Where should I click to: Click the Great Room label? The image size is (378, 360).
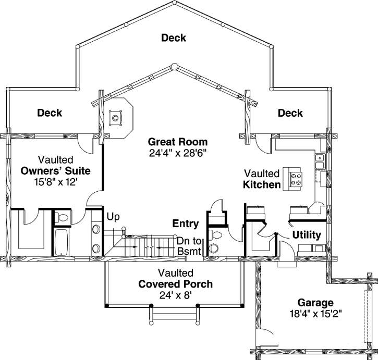177,142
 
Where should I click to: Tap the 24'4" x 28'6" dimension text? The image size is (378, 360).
177,153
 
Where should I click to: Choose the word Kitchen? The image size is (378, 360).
262,184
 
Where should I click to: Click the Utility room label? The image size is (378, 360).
306,235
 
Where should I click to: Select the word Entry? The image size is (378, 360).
186,224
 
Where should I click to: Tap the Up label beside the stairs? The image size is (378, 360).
113,216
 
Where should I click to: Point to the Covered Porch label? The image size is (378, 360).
175,284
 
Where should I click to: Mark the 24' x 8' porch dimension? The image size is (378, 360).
175,295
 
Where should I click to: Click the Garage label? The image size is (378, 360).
315,302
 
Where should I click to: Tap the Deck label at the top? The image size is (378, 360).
174,38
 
